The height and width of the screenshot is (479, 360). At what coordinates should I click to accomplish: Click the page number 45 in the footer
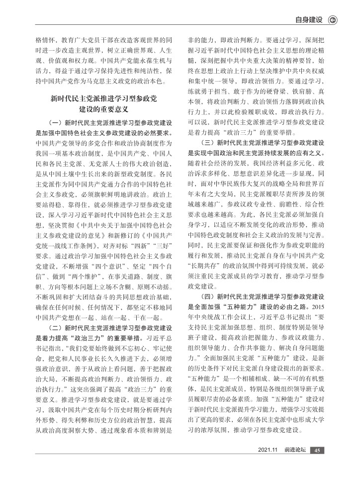pyautogui.click(x=318, y=464)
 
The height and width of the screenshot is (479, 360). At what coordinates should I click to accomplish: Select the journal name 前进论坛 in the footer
pyautogui.click(x=294, y=464)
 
